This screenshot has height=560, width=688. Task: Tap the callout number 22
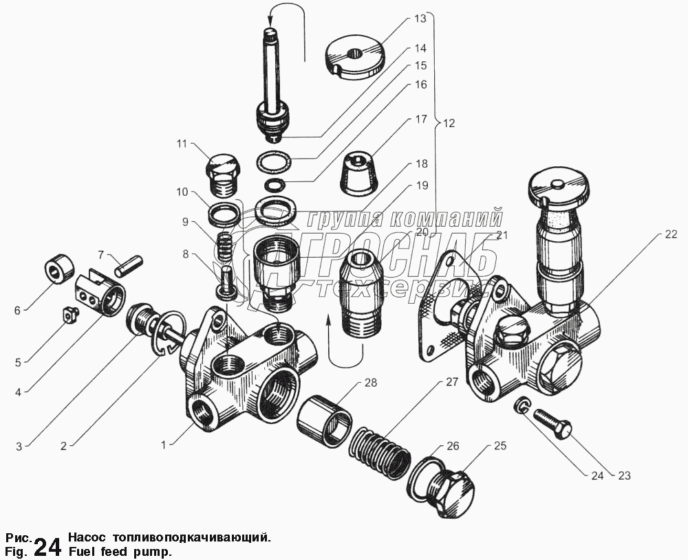pyautogui.click(x=671, y=234)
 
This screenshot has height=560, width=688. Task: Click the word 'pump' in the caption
pyautogui.click(x=155, y=551)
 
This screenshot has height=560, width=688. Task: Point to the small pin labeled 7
pyautogui.click(x=129, y=265)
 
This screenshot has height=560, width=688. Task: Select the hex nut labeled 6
pyautogui.click(x=58, y=270)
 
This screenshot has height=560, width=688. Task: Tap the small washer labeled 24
pyautogui.click(x=523, y=406)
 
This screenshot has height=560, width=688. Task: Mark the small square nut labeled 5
pyautogui.click(x=68, y=315)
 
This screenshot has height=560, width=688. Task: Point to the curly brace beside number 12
pyautogui.click(x=436, y=124)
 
